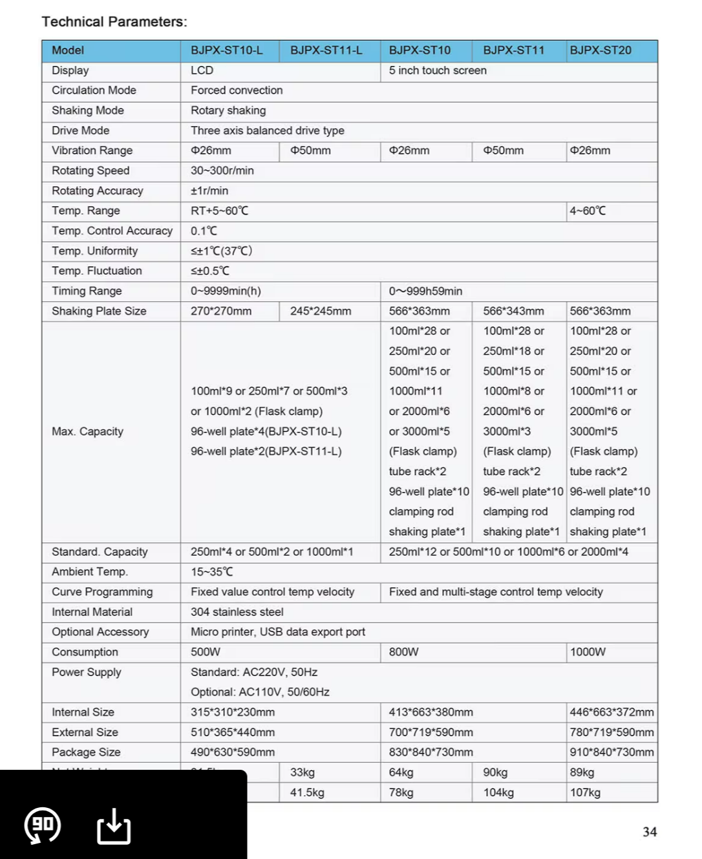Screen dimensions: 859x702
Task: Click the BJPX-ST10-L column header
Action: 226,50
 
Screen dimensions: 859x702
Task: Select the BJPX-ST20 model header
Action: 601,50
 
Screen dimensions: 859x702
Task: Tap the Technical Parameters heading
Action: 114,22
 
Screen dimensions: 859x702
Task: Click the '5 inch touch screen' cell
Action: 438,70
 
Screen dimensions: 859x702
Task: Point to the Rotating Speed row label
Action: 90,171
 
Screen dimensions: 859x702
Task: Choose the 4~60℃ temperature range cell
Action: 588,211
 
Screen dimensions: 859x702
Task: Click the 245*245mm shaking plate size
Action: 321,311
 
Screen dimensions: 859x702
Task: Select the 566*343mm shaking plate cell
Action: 513,311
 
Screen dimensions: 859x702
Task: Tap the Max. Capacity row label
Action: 87,431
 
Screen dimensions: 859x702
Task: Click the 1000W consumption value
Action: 588,652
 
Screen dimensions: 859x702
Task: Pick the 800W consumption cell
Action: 403,652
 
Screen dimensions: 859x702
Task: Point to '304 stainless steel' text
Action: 237,612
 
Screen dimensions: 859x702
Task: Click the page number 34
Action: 650,832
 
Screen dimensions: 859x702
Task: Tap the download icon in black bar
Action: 114,826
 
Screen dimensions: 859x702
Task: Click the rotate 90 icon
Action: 43,826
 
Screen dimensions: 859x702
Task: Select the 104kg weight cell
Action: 498,792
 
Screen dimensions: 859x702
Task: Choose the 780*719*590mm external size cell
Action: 612,732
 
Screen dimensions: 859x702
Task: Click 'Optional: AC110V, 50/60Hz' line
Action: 260,692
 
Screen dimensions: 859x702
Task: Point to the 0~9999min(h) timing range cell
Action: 226,291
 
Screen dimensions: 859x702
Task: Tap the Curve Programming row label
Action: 102,592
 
